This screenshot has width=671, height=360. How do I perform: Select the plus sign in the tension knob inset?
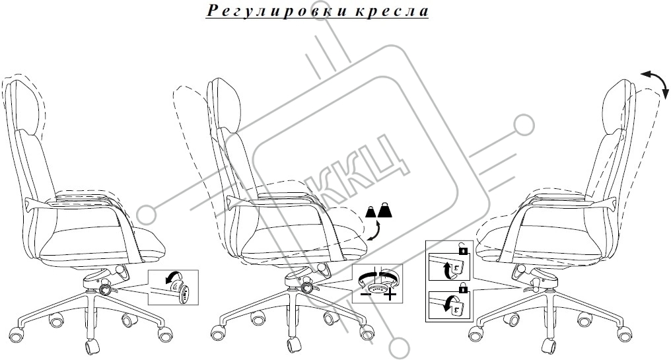[390, 296]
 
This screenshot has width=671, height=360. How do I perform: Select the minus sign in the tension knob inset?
[366, 295]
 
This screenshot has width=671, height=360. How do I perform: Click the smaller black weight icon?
[370, 212]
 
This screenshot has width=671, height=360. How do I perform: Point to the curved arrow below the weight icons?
[374, 231]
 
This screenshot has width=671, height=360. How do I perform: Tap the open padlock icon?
[462, 248]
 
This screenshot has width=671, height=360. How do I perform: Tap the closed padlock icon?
[462, 287]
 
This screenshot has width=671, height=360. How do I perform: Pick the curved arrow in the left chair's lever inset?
[173, 279]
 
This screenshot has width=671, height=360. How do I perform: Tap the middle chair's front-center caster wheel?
[294, 345]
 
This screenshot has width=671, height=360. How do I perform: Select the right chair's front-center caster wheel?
[549, 345]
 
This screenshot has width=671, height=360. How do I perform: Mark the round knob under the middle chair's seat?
[306, 287]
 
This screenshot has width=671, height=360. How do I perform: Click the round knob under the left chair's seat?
[105, 289]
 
